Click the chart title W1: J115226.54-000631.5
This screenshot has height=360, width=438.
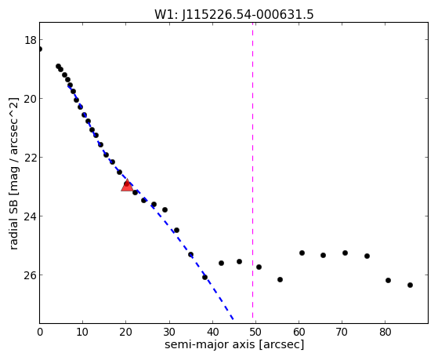pos(234,15)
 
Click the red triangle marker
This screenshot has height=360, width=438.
pos(127,186)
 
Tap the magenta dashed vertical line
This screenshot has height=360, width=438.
pos(253,171)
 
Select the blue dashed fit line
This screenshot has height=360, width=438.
pos(150,202)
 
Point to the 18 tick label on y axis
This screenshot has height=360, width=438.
pos(31,40)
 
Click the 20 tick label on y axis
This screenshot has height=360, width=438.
pos(31,99)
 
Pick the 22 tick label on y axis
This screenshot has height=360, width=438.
pos(31,158)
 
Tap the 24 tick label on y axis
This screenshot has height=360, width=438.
pos(31,216)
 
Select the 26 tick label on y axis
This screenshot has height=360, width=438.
pos(31,275)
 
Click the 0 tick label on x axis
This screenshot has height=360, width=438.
pos(40,332)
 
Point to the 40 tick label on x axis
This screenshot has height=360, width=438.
pos(212,332)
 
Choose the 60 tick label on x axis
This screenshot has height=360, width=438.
pos(299,332)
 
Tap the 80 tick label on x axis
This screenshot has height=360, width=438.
pos(386,332)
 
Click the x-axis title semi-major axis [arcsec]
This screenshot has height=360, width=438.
pos(234,344)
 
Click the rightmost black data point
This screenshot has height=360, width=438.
pos(410,285)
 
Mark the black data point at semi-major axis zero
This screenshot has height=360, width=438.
pos(40,49)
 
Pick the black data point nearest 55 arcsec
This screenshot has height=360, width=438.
pos(281,279)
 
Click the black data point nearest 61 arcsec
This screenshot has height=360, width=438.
pos(302,253)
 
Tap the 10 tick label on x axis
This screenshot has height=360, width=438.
pos(83,332)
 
